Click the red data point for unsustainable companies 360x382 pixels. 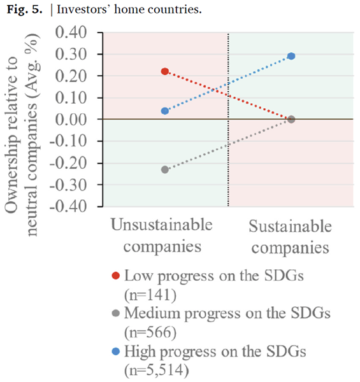point(165,71)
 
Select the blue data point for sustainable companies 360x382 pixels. point(291,56)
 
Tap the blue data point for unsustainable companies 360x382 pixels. point(165,111)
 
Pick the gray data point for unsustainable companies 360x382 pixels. point(165,169)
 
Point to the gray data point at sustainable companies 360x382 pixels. point(291,120)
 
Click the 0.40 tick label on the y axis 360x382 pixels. point(71,32)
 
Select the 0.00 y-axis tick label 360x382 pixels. point(71,120)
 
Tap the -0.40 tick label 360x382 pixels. point(68,206)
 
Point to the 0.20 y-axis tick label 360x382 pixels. point(71,76)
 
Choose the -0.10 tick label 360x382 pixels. point(68,141)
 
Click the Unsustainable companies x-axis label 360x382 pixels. point(162,235)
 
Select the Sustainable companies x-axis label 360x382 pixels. point(291,237)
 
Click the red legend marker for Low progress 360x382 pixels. point(115,276)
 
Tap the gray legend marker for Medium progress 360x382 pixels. point(115,313)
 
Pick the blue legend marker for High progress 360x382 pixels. point(115,351)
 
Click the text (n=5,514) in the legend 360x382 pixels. point(157,370)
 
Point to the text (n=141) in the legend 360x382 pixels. point(150,295)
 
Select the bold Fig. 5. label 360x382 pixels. point(24,10)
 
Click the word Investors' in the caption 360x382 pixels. point(83,10)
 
